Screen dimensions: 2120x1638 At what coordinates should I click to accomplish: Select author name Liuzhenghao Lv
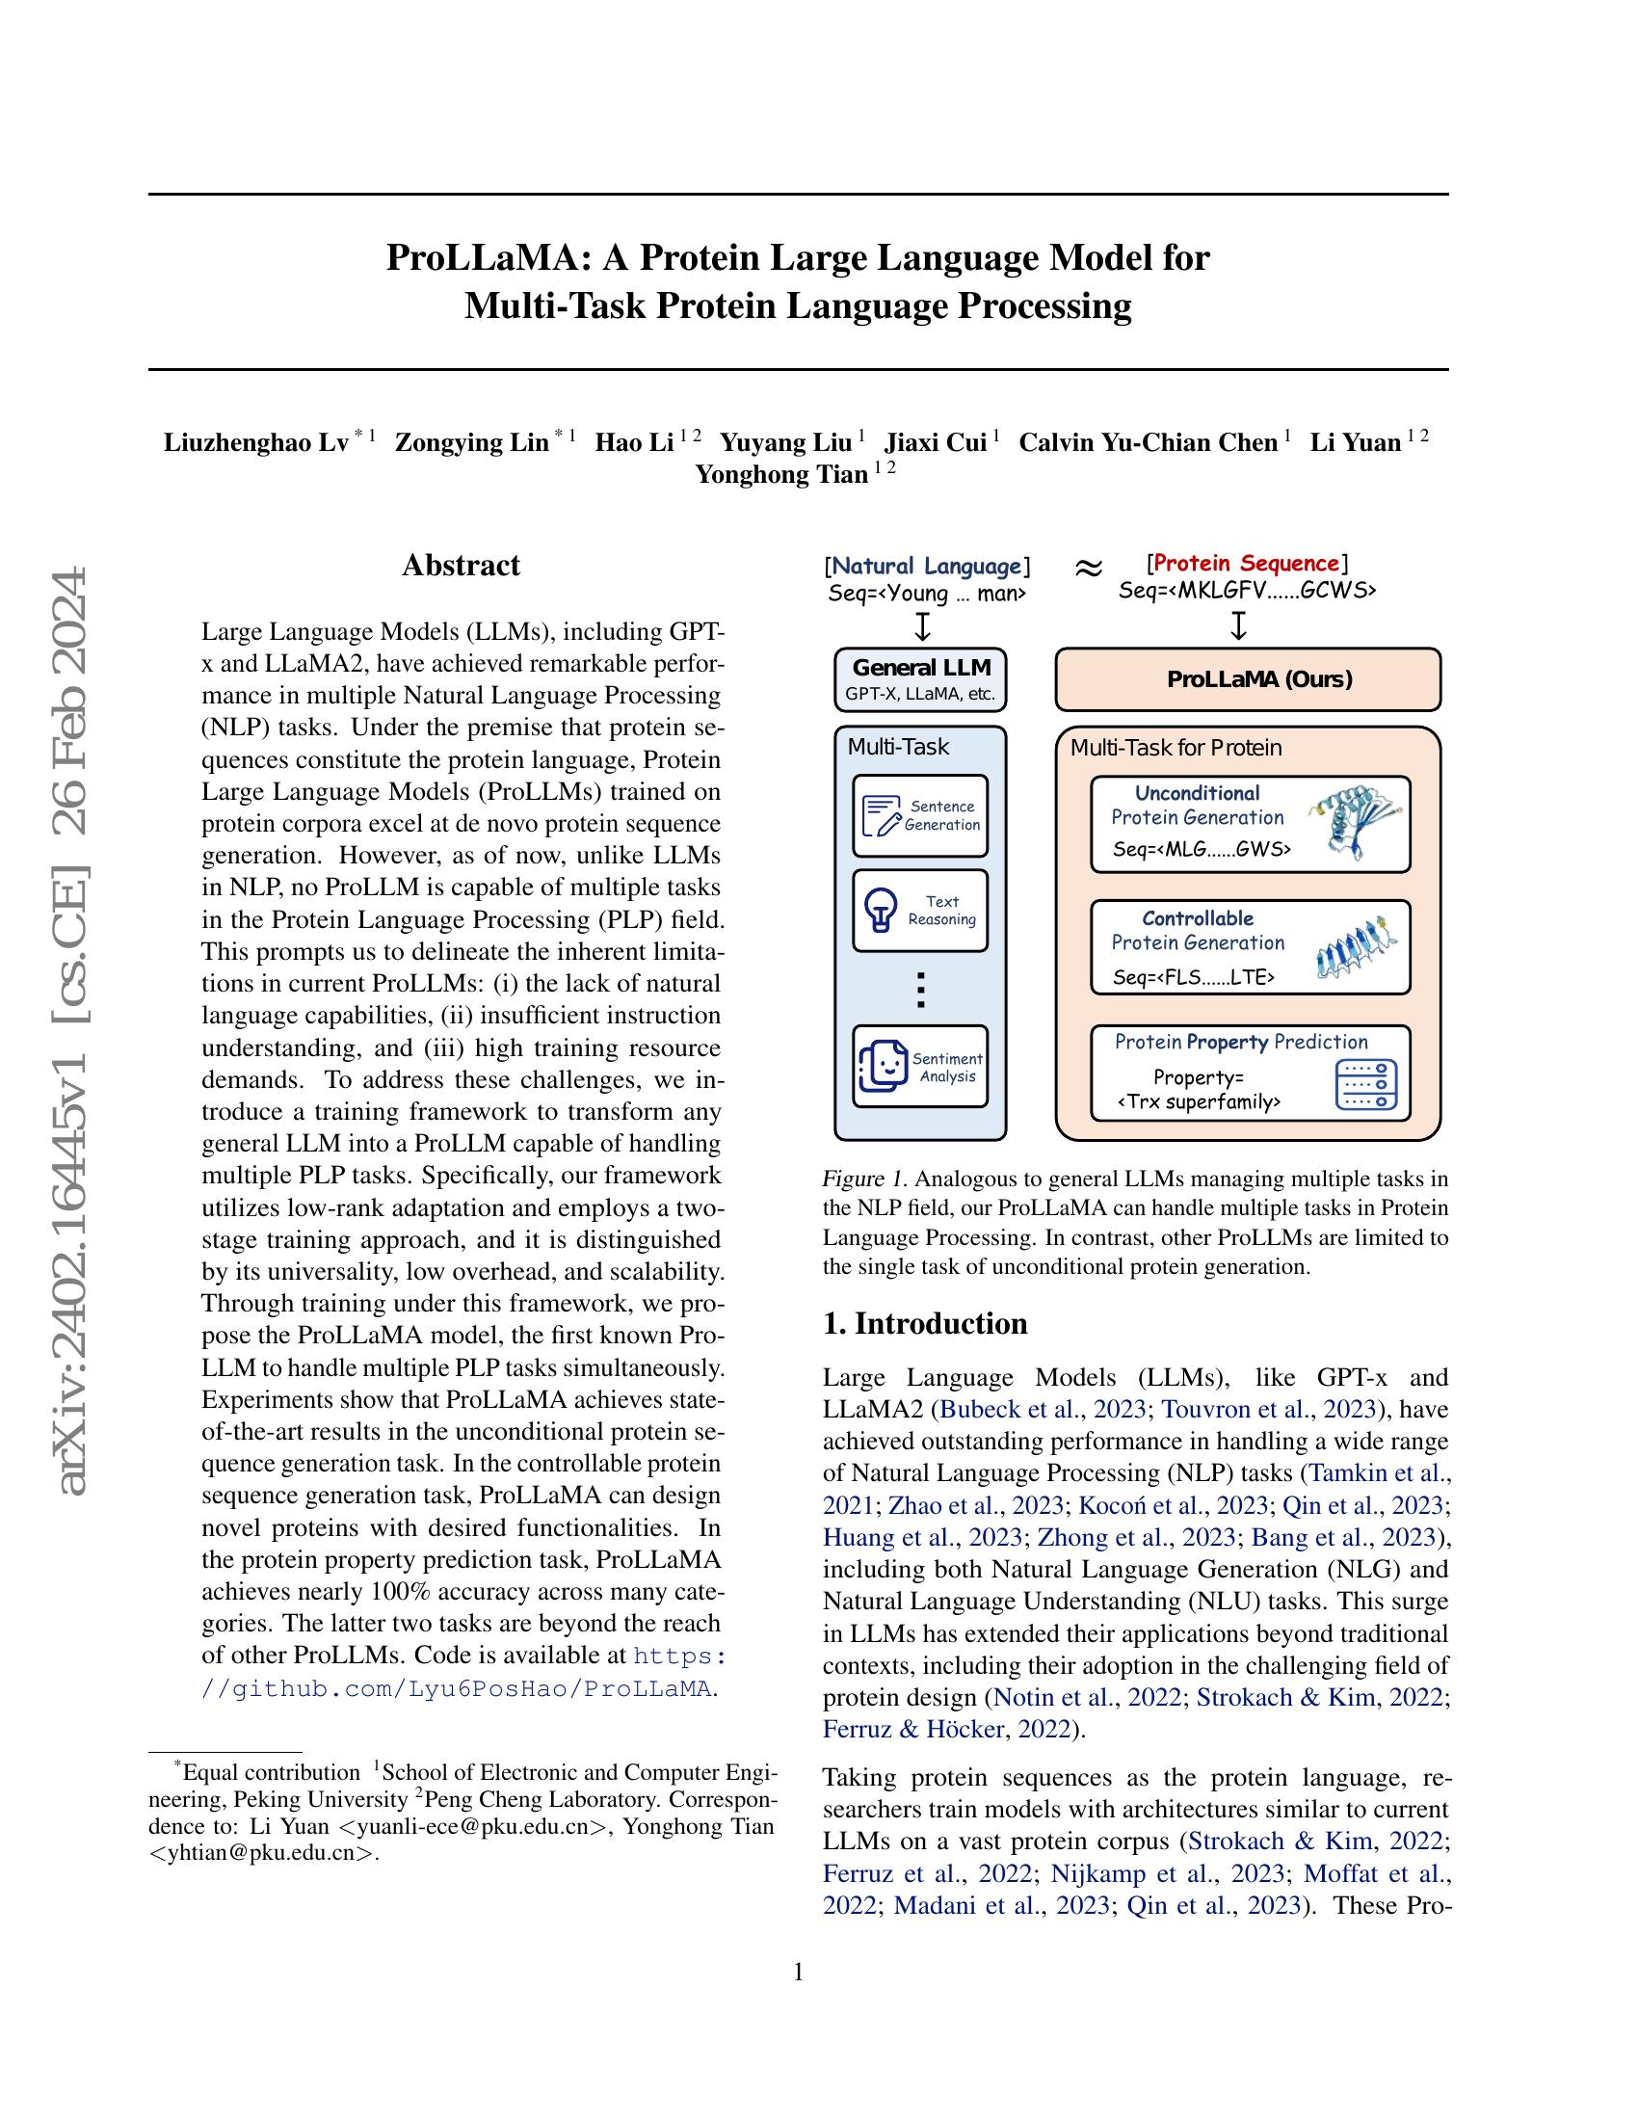click(x=256, y=443)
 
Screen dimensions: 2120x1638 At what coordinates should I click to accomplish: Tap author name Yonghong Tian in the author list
click(x=781, y=475)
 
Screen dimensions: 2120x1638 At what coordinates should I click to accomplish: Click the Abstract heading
click(x=461, y=565)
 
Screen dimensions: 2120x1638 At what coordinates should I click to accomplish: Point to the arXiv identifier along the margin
click(x=74, y=1029)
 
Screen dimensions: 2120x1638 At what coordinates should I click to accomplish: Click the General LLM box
click(x=921, y=678)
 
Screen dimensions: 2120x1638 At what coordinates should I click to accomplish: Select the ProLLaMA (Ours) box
click(x=1247, y=679)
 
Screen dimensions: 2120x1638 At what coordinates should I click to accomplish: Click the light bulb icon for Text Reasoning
click(x=880, y=911)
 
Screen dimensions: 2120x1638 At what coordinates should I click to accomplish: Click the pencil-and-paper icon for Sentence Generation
click(x=881, y=815)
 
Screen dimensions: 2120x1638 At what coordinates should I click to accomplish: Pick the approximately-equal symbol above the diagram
click(x=1089, y=568)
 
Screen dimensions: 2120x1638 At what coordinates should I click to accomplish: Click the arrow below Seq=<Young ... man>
click(x=923, y=626)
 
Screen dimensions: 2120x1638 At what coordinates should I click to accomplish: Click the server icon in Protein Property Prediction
click(x=1365, y=1084)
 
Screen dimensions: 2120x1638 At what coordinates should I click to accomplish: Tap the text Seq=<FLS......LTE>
click(x=1194, y=977)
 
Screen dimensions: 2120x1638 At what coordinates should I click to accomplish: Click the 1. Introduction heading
click(x=925, y=1324)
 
